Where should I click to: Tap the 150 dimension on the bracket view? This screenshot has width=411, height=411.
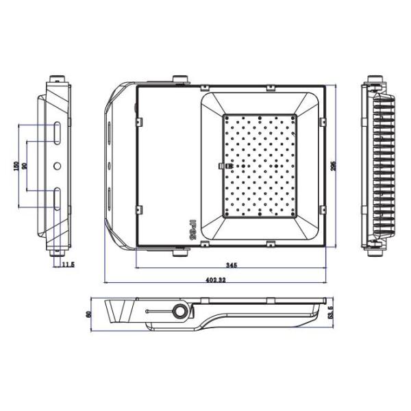point(16,166)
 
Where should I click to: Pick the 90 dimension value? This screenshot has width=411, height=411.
point(25,166)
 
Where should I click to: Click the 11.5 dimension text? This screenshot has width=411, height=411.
point(68,265)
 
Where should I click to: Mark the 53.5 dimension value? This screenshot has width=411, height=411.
point(330,313)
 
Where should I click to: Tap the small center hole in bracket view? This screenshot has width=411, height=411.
point(57,166)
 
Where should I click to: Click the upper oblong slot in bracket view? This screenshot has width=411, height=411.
point(57,132)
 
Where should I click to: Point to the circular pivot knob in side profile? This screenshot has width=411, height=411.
point(180,312)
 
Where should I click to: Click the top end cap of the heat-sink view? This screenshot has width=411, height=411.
point(375,80)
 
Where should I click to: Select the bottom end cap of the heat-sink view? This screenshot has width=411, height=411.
point(375,251)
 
